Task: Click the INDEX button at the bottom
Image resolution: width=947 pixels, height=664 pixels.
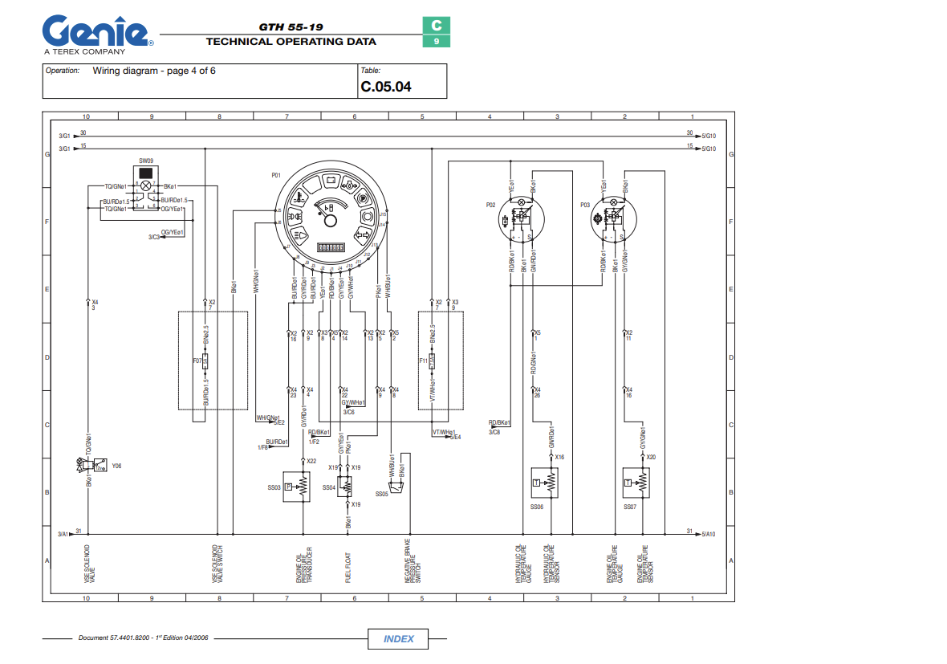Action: (x=399, y=639)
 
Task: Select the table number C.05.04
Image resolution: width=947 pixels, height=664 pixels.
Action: (x=386, y=87)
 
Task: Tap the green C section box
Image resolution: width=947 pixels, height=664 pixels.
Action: (x=437, y=26)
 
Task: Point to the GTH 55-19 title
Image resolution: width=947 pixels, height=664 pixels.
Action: (x=291, y=26)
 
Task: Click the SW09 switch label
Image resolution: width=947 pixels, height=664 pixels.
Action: (x=146, y=161)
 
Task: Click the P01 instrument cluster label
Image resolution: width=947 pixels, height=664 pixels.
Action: (x=277, y=174)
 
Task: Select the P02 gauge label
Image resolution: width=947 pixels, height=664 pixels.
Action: (x=491, y=206)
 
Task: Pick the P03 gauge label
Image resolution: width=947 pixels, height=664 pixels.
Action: (x=585, y=206)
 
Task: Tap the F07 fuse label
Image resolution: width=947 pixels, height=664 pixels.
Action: (x=197, y=361)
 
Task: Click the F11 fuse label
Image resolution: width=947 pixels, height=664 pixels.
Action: (x=423, y=361)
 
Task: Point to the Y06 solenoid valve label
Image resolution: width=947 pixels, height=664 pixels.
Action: (x=116, y=465)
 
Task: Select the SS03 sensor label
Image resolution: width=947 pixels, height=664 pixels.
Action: (x=274, y=487)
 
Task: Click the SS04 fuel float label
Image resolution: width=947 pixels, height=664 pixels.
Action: (x=329, y=487)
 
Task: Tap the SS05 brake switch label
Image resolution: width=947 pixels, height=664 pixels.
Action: (x=381, y=495)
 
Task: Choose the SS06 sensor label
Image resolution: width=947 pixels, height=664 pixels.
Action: (x=537, y=507)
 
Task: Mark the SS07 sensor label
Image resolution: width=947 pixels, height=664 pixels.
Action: (x=630, y=507)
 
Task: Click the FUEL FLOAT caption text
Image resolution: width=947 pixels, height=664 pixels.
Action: (x=348, y=566)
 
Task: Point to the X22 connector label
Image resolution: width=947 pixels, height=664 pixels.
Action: (x=311, y=461)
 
